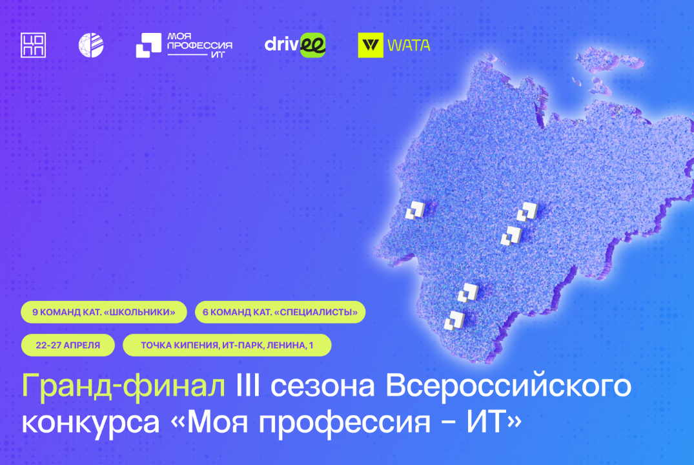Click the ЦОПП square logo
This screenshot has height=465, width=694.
pos(33,45)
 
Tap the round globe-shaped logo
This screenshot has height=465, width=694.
pos(91,45)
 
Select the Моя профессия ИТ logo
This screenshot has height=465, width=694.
pos(184,45)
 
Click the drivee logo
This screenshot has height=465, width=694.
pos(295,45)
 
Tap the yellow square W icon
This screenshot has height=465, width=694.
pos(371,45)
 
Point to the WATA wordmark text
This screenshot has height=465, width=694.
pos(409,46)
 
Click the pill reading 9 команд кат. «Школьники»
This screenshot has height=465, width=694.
pos(104,312)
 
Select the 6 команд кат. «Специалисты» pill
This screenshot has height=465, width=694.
pos(280,312)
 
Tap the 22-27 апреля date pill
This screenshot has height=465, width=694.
pos(68,345)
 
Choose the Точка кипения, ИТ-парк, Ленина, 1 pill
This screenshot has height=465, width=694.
pos(227,345)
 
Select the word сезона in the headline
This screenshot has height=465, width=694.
pos(327,387)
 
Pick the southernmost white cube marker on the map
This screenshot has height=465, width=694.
pos(455,319)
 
